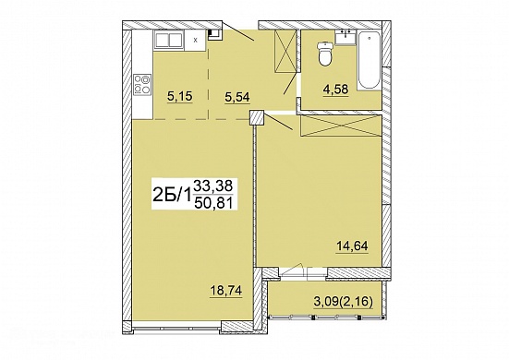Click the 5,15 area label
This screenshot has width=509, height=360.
[x=180, y=96]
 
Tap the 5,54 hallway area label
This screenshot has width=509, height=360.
[x=237, y=96]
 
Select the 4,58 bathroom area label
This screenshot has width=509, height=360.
[x=335, y=89]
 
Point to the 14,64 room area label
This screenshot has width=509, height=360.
[x=352, y=246]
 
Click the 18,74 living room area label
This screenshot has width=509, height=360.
[x=226, y=291]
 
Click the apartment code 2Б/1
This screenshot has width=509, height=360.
[x=172, y=195]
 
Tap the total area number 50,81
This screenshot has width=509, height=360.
[x=213, y=203]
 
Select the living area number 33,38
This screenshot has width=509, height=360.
[x=213, y=186]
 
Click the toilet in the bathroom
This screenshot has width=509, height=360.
[x=325, y=54]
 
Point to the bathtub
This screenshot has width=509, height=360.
[x=370, y=60]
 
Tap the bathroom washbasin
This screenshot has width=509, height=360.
[x=345, y=37]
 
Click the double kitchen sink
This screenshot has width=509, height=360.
[x=169, y=40]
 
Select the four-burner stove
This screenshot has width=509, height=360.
[x=142, y=85]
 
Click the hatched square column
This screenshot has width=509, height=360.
[x=257, y=117]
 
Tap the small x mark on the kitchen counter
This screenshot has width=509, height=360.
[x=195, y=41]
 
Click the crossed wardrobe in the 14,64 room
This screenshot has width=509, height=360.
[x=341, y=126]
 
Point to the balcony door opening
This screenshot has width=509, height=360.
[x=303, y=272]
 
